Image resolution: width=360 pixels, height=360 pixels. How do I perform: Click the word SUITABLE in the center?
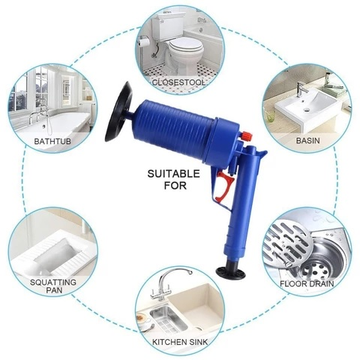tap(173, 173)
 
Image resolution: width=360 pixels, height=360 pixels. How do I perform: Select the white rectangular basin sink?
tap(304, 105)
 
